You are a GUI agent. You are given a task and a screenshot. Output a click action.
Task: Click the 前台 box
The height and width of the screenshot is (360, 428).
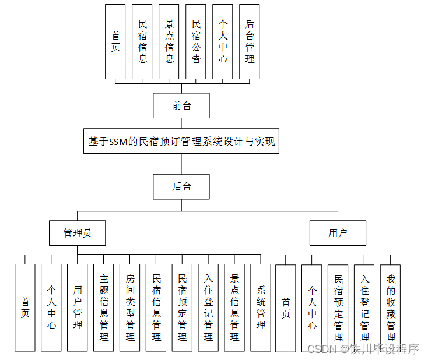[x=181, y=105]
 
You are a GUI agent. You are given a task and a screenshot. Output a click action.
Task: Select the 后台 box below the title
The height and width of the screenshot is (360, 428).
[x=181, y=187]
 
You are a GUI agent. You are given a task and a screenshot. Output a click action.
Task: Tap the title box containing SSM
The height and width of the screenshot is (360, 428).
[x=181, y=141]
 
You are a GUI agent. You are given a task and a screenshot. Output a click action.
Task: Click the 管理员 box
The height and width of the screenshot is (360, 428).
[x=78, y=233]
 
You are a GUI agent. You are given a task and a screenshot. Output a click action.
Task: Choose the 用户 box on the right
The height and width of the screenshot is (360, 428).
[x=338, y=233]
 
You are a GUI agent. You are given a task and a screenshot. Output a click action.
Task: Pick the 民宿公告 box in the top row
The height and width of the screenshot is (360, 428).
[x=196, y=41]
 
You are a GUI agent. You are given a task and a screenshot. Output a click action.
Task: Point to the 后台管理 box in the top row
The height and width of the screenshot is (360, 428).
[x=250, y=41]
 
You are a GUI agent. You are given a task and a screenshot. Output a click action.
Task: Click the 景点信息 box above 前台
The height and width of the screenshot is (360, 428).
[x=169, y=41]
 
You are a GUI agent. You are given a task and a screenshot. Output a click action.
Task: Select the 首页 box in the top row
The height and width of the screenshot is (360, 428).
[x=115, y=41]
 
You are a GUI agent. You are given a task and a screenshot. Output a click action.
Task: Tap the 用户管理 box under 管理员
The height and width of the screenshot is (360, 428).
[x=78, y=308]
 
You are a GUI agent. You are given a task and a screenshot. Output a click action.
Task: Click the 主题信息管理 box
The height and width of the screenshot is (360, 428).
[x=104, y=308]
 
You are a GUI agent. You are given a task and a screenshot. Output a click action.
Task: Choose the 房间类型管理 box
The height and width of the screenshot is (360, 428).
[x=130, y=308]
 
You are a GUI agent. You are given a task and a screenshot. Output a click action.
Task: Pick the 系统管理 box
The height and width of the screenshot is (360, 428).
[x=261, y=308]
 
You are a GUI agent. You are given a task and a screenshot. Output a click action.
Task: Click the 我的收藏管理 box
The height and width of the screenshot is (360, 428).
[x=391, y=308]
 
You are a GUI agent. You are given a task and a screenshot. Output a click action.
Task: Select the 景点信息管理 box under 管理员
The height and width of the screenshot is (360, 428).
[x=234, y=308]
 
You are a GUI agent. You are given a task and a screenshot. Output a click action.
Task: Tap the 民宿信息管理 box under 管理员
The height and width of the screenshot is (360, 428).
[x=156, y=308]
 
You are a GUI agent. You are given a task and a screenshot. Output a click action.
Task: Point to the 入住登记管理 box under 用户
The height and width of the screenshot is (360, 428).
[x=364, y=308]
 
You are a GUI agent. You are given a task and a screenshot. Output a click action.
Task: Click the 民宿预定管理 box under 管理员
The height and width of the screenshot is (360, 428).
[x=182, y=308]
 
